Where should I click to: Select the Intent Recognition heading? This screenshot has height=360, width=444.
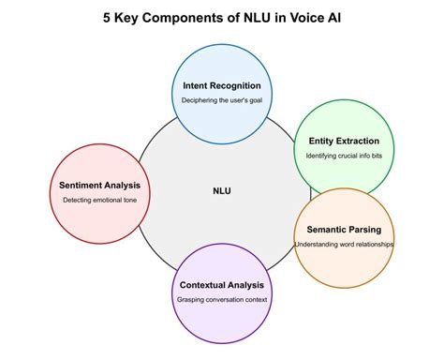(x=222, y=85)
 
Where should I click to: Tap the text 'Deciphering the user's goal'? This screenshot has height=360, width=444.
(x=222, y=101)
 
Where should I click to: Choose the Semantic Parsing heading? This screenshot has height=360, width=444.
(x=344, y=229)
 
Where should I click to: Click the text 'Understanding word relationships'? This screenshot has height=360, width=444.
(x=344, y=245)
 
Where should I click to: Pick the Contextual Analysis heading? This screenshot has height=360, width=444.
(x=222, y=284)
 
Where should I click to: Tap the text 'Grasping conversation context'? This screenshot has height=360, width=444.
(x=222, y=300)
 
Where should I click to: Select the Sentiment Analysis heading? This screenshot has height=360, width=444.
(x=99, y=185)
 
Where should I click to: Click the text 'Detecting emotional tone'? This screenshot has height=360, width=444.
(x=99, y=201)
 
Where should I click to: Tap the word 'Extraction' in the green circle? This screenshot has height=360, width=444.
(x=356, y=141)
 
